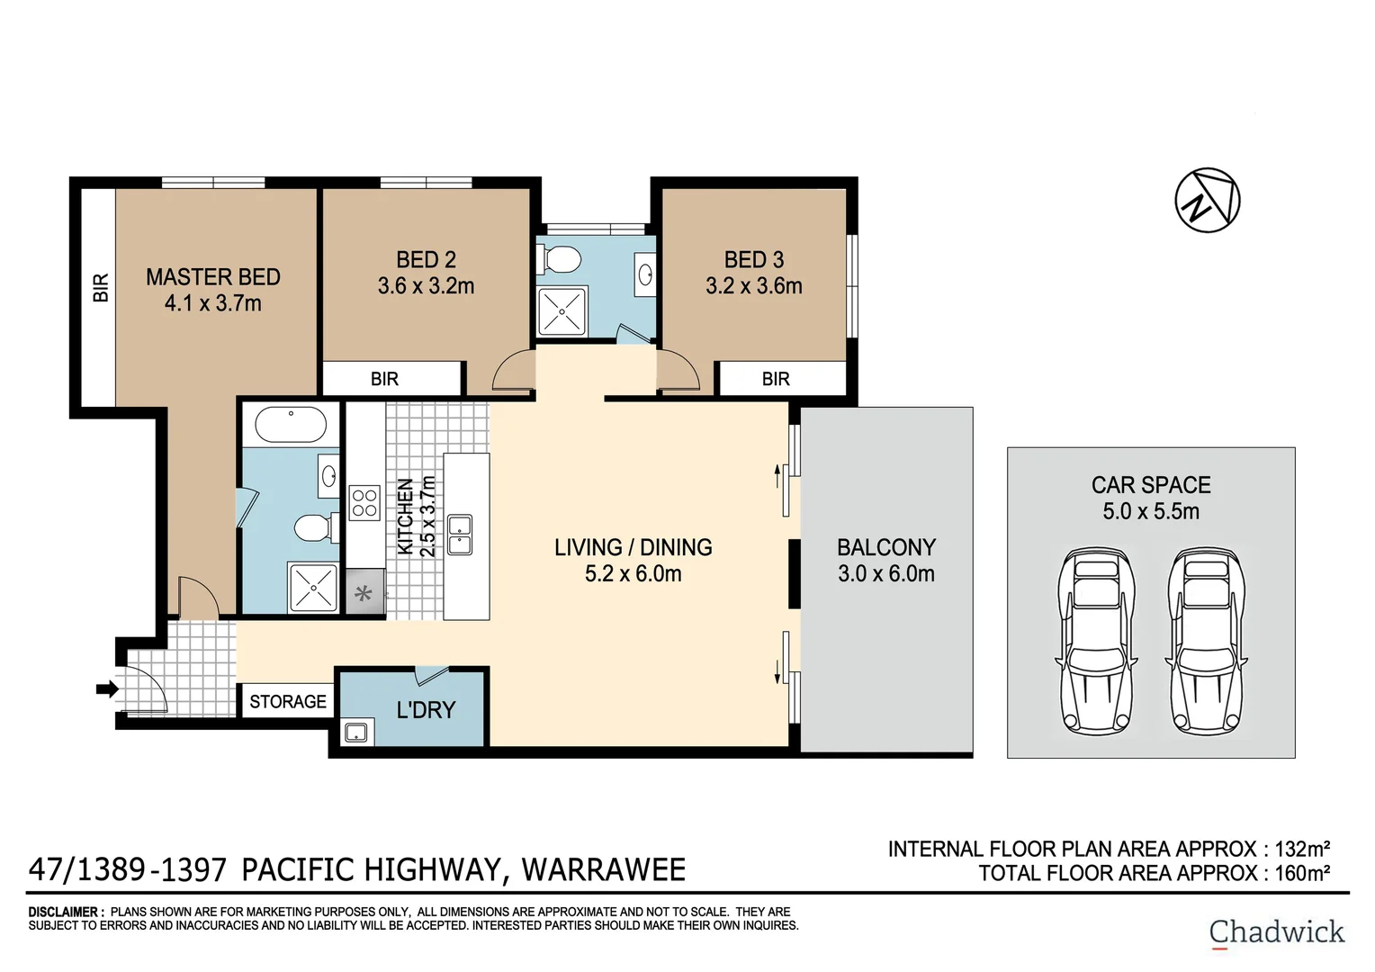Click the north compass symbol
(x=1207, y=200)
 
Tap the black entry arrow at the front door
(x=107, y=689)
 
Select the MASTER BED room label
(x=213, y=277)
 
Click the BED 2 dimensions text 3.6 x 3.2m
(x=426, y=286)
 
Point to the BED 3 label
(x=754, y=260)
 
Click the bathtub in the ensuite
(x=291, y=425)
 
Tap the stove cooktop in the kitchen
(x=364, y=503)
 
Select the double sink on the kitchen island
(x=460, y=535)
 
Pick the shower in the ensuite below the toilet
(x=312, y=588)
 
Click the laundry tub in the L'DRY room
(x=356, y=733)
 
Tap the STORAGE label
(x=288, y=701)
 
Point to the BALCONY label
(x=886, y=547)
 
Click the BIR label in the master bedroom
(x=101, y=288)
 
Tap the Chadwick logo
(x=1276, y=932)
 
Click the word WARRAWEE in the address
(x=604, y=870)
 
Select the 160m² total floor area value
(x=1302, y=873)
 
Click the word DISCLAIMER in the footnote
(x=66, y=912)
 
